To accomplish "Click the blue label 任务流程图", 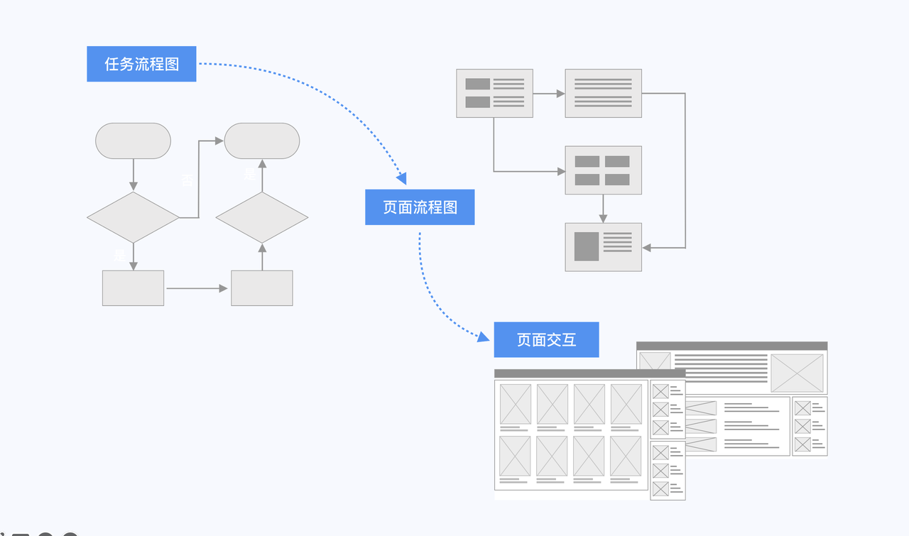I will pyautogui.click(x=141, y=64).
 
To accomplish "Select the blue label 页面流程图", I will pyautogui.click(x=420, y=207).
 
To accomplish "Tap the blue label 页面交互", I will pyautogui.click(x=546, y=340).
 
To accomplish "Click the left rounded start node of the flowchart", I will pyautogui.click(x=133, y=141).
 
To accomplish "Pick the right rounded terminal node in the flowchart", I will pyautogui.click(x=262, y=141).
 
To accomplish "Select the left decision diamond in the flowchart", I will pyautogui.click(x=133, y=217).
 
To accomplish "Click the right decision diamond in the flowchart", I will pyautogui.click(x=262, y=217).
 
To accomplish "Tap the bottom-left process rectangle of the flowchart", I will pyautogui.click(x=133, y=288).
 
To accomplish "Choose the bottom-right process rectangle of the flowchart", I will pyautogui.click(x=262, y=288).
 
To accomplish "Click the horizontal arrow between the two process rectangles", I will pyautogui.click(x=197, y=288).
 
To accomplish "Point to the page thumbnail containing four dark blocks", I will pyautogui.click(x=603, y=170).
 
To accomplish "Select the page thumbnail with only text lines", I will pyautogui.click(x=603, y=93).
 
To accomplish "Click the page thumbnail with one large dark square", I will pyautogui.click(x=603, y=247).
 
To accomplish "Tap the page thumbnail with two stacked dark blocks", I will pyautogui.click(x=494, y=93).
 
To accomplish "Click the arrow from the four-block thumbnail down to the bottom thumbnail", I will pyautogui.click(x=603, y=209).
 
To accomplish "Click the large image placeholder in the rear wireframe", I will pyautogui.click(x=797, y=373).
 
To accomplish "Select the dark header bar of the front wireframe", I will pyautogui.click(x=589, y=373).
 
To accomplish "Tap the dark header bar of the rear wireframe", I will pyautogui.click(x=731, y=346).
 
